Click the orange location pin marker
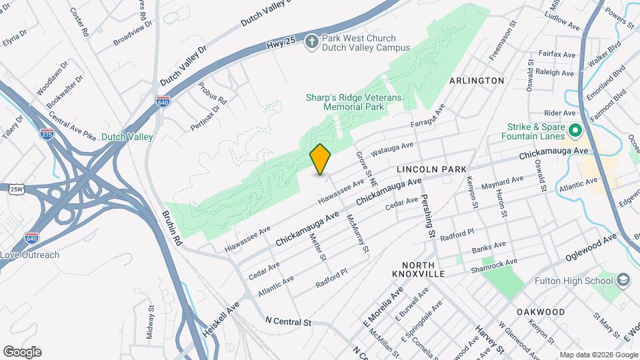click(x=321, y=159)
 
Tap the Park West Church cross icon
click(x=311, y=43)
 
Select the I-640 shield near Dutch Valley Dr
click(x=163, y=102)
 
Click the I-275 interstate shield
click(x=47, y=133)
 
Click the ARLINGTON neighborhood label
click(x=477, y=81)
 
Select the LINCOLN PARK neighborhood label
click(x=431, y=171)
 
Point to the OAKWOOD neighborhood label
click(x=540, y=312)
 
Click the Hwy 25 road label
click(x=281, y=41)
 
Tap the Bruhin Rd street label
click(x=172, y=227)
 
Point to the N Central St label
click(x=288, y=322)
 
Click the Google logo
click(x=22, y=351)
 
